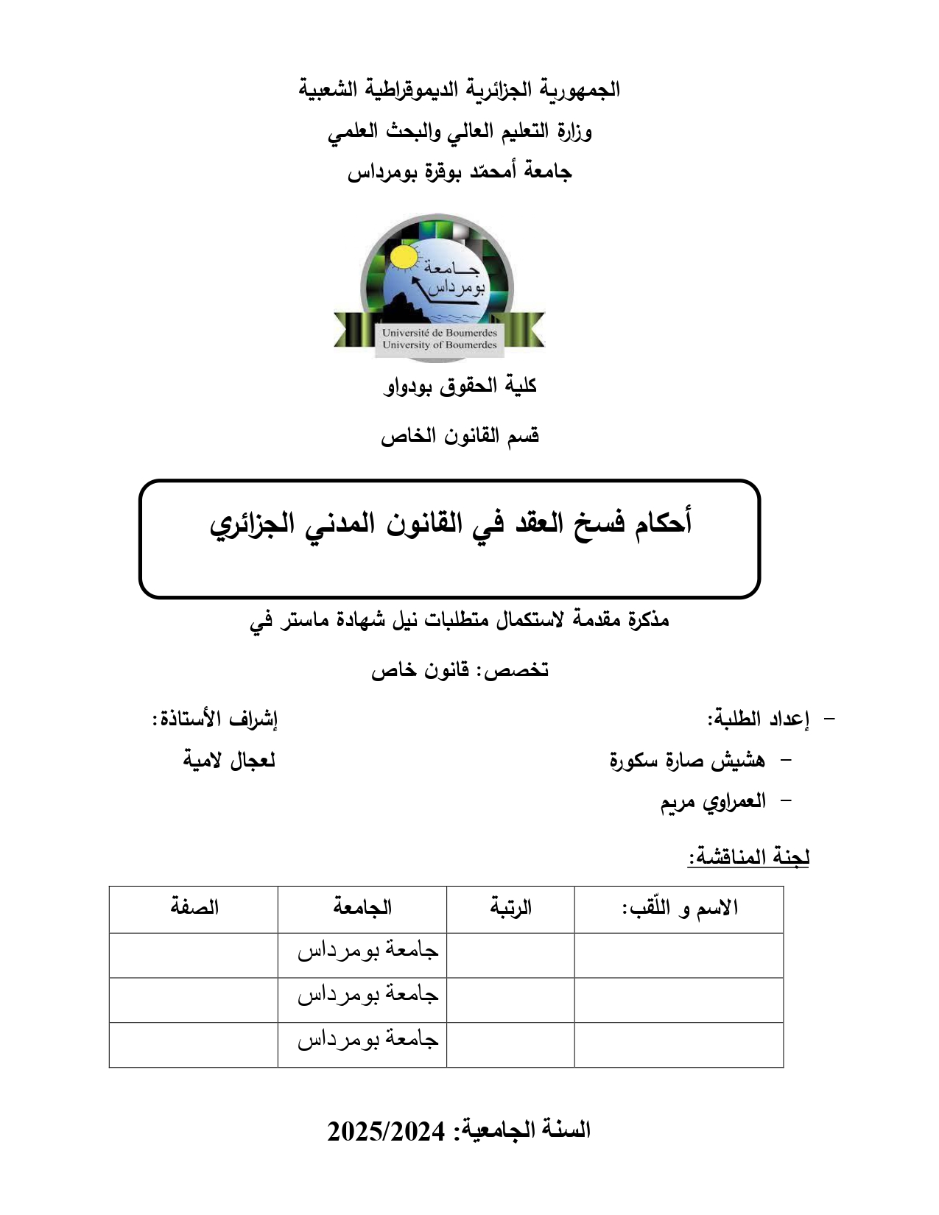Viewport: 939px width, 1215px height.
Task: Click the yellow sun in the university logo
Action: point(404,258)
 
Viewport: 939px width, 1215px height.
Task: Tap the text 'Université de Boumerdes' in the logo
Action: point(439,333)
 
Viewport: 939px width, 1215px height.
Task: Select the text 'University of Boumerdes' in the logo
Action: point(439,345)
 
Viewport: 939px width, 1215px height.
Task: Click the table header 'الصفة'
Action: point(194,907)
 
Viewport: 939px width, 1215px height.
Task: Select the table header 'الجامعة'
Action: point(362,907)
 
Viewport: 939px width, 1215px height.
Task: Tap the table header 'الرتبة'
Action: point(510,907)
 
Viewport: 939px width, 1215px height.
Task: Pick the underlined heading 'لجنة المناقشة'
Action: point(748,857)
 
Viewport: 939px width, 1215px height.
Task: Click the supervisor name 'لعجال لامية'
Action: point(229,760)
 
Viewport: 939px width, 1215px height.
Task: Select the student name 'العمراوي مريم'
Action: point(713,801)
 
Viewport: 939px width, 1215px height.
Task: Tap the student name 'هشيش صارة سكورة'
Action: point(687,760)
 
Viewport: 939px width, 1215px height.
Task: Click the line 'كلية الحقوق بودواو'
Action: point(460,386)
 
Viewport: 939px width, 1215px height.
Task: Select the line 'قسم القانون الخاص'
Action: point(460,436)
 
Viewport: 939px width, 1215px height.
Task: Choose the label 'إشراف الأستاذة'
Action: point(215,719)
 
